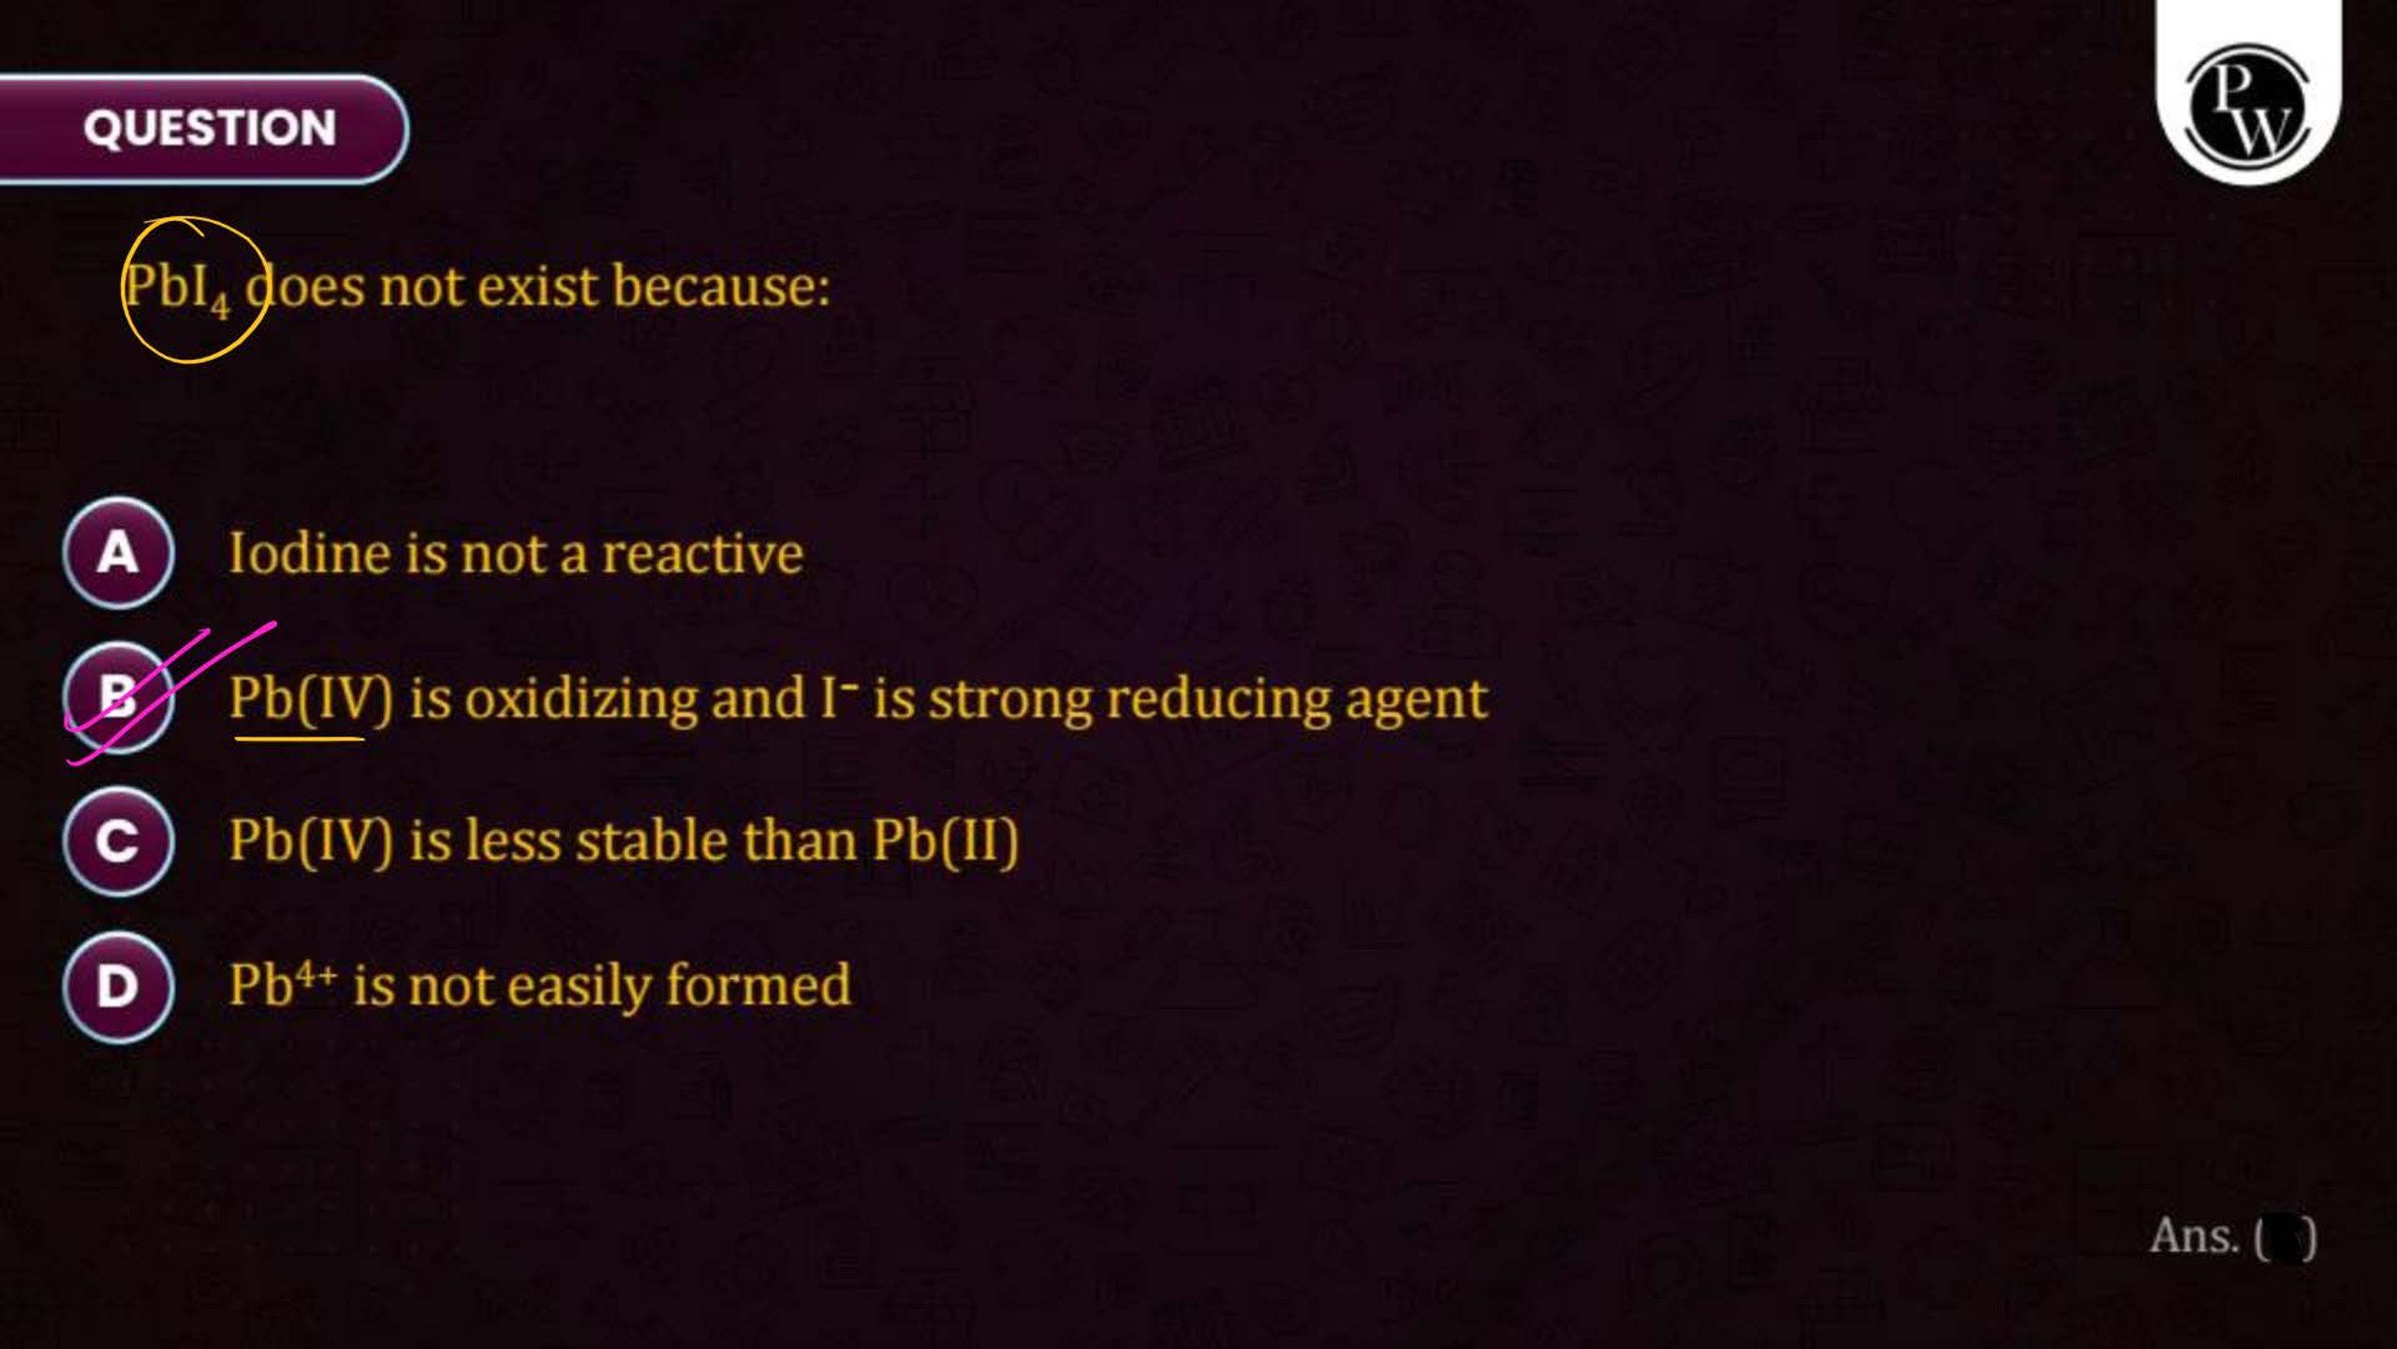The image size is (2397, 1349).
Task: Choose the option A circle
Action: (x=118, y=553)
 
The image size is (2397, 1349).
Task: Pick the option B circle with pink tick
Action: (x=118, y=697)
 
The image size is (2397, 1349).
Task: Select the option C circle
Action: (x=118, y=840)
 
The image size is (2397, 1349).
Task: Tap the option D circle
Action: (x=118, y=986)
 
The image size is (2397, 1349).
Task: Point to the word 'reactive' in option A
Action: (x=702, y=554)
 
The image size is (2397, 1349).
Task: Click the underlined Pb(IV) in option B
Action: (x=311, y=700)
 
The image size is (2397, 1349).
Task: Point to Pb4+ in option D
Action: (x=283, y=986)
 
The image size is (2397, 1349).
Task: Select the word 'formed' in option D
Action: (x=758, y=986)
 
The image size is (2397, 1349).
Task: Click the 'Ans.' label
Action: (x=2195, y=1236)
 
